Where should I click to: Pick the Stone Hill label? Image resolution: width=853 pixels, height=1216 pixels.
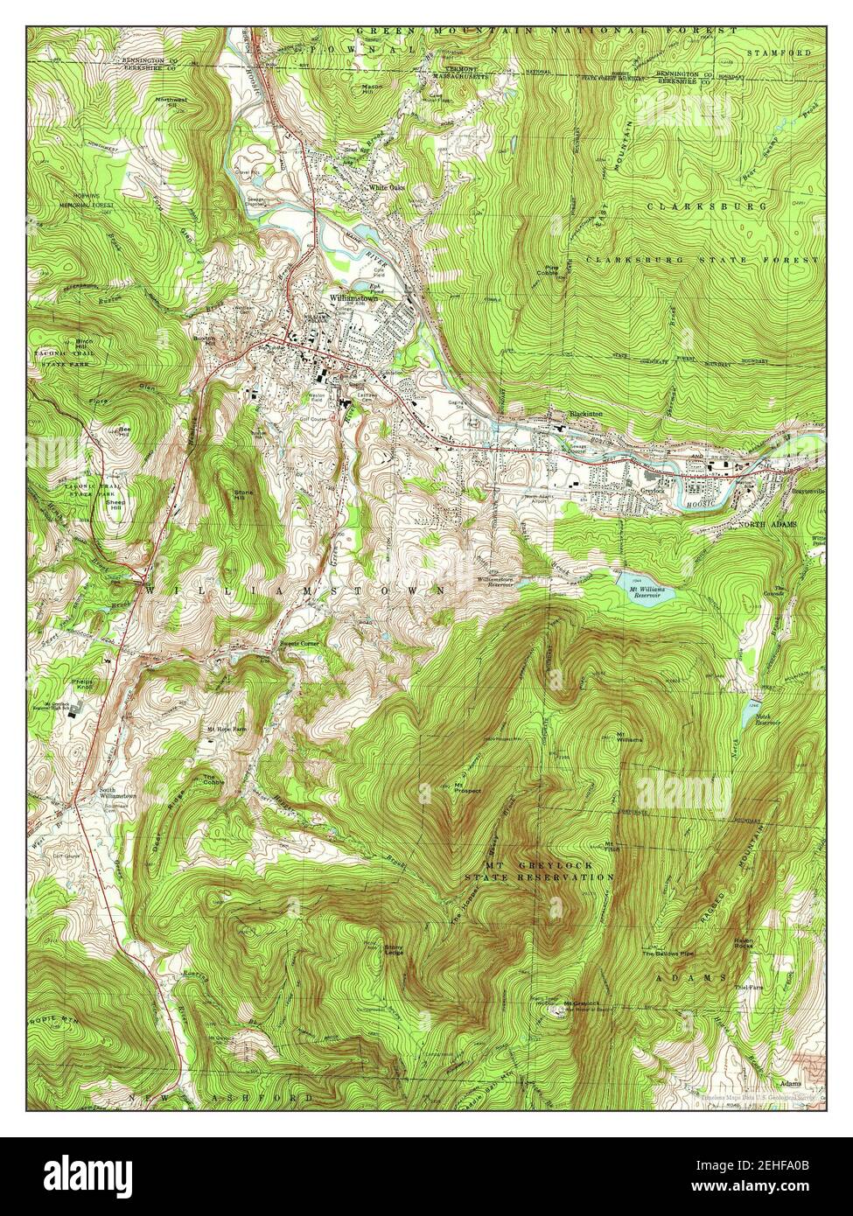tap(243, 495)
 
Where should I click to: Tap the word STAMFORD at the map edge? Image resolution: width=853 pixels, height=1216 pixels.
tap(779, 53)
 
